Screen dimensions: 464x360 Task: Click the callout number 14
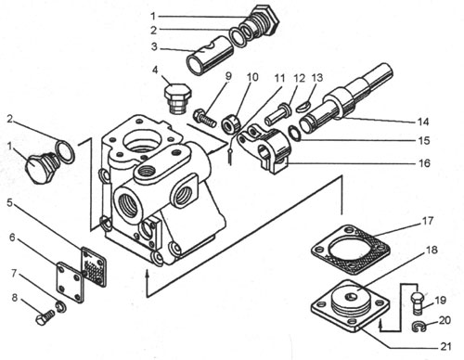pos(423,122)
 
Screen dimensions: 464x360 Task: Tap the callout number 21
pos(445,346)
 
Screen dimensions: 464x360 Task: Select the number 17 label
pos(428,221)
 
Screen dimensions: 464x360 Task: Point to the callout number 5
pos(9,203)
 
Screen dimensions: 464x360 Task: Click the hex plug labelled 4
pos(177,98)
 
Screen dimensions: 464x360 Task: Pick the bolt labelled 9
pos(204,119)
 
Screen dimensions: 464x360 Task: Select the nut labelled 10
pos(231,124)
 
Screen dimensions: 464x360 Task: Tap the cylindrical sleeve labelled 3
pos(210,56)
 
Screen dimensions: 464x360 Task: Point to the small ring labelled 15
pos(294,133)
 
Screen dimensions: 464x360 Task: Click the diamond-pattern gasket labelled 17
pos(350,250)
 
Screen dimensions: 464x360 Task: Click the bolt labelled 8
pos(45,316)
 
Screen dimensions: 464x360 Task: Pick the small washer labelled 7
pos(61,306)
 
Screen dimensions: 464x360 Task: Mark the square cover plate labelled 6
pos(71,282)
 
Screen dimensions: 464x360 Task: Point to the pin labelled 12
pos(277,114)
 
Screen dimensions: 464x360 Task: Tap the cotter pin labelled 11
pos(230,154)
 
